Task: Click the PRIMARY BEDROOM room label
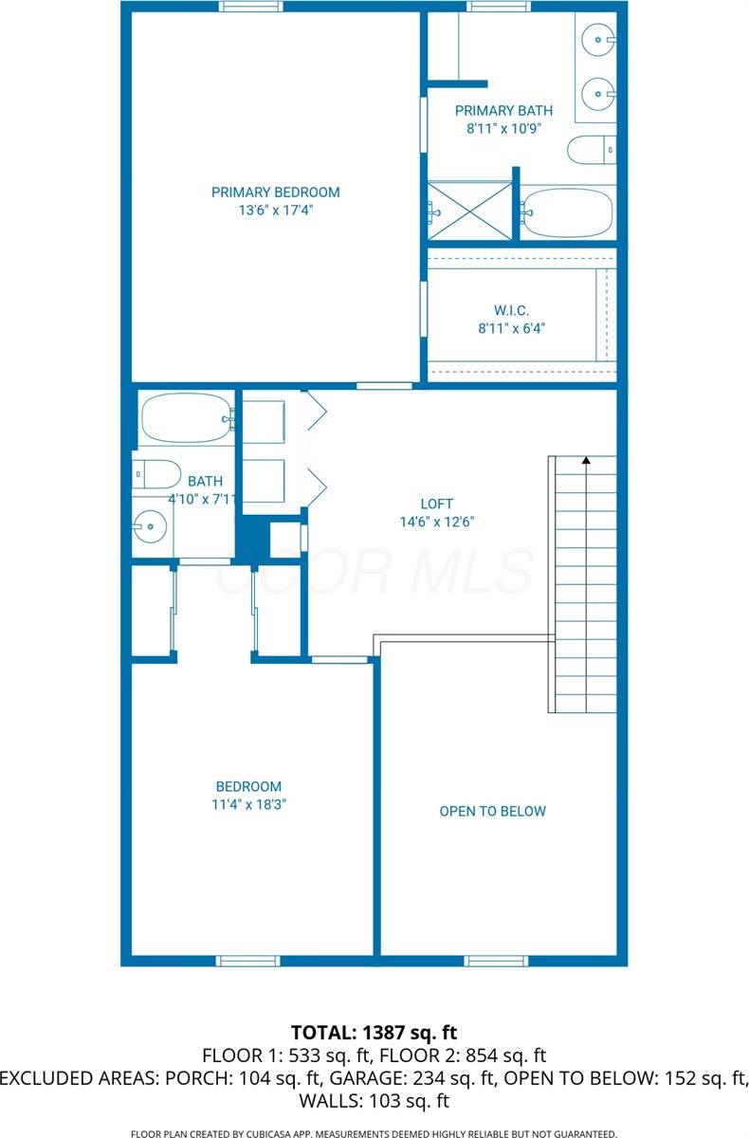[x=275, y=193]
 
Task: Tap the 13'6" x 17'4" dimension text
[x=275, y=211]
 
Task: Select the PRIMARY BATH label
[x=503, y=111]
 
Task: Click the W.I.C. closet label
[x=511, y=310]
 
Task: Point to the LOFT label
[x=437, y=504]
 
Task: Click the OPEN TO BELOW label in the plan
[x=492, y=811]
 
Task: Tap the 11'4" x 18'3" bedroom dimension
[x=248, y=804]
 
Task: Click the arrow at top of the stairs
[x=586, y=461]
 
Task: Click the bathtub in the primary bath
[x=568, y=212]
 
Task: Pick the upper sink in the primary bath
[x=598, y=40]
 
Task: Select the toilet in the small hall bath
[x=156, y=472]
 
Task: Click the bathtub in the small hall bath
[x=186, y=417]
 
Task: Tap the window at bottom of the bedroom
[x=248, y=960]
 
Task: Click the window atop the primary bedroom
[x=250, y=7]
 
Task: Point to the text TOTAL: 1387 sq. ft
[x=374, y=1031]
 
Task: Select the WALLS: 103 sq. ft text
[x=374, y=1101]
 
